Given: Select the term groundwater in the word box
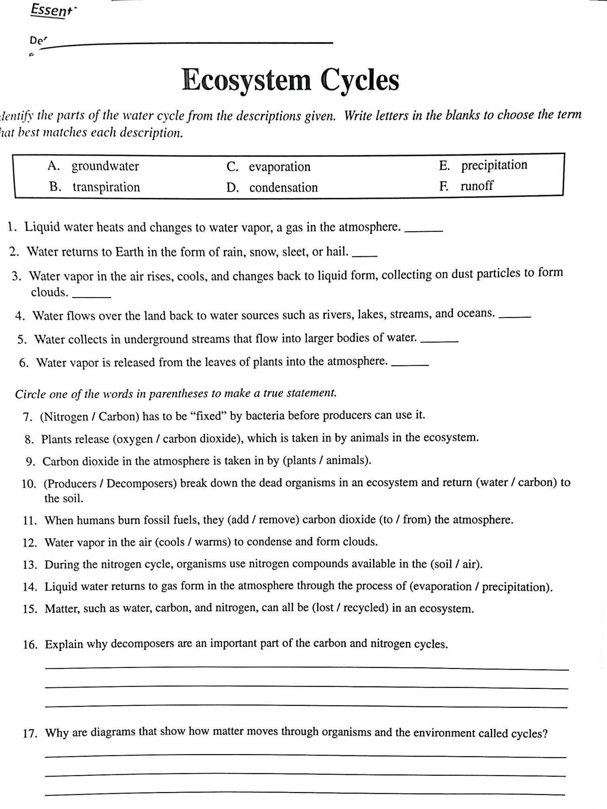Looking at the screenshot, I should pos(105,166).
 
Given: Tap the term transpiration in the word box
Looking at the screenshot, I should pos(106,187).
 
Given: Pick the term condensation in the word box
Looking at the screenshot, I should pos(283,187).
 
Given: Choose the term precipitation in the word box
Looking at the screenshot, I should pos(494,165).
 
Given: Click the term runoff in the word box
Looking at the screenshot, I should pos(477,186).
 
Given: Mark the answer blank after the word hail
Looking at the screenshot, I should pos(364,256).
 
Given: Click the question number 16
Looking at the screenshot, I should pos(30,645).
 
